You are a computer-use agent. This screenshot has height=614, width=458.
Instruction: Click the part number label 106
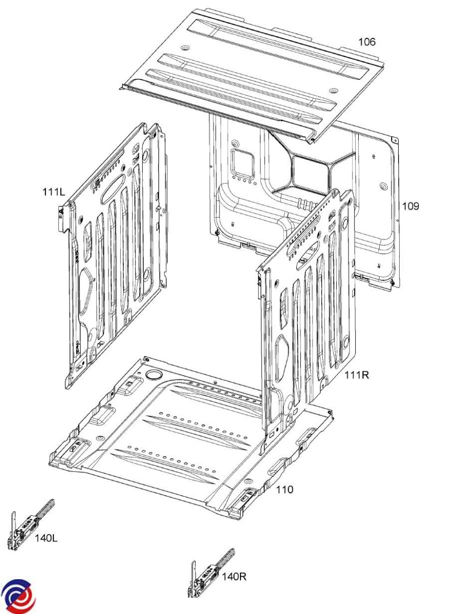(366, 42)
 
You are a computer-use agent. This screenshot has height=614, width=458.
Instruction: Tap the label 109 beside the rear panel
(410, 206)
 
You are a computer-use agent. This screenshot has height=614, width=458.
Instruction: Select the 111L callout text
(54, 192)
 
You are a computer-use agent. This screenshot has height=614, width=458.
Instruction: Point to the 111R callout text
(357, 375)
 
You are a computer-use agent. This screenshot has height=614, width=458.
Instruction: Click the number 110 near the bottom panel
(285, 490)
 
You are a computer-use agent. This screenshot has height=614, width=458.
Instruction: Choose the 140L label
(46, 538)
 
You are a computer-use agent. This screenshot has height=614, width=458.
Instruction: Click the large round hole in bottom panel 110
(153, 375)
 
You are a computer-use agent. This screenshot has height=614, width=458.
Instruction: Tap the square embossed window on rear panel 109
(243, 164)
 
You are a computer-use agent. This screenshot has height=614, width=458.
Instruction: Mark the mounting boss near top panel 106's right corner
(333, 91)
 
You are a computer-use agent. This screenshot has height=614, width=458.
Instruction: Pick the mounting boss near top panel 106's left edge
(185, 48)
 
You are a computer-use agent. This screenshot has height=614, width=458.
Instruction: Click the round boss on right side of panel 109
(383, 186)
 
